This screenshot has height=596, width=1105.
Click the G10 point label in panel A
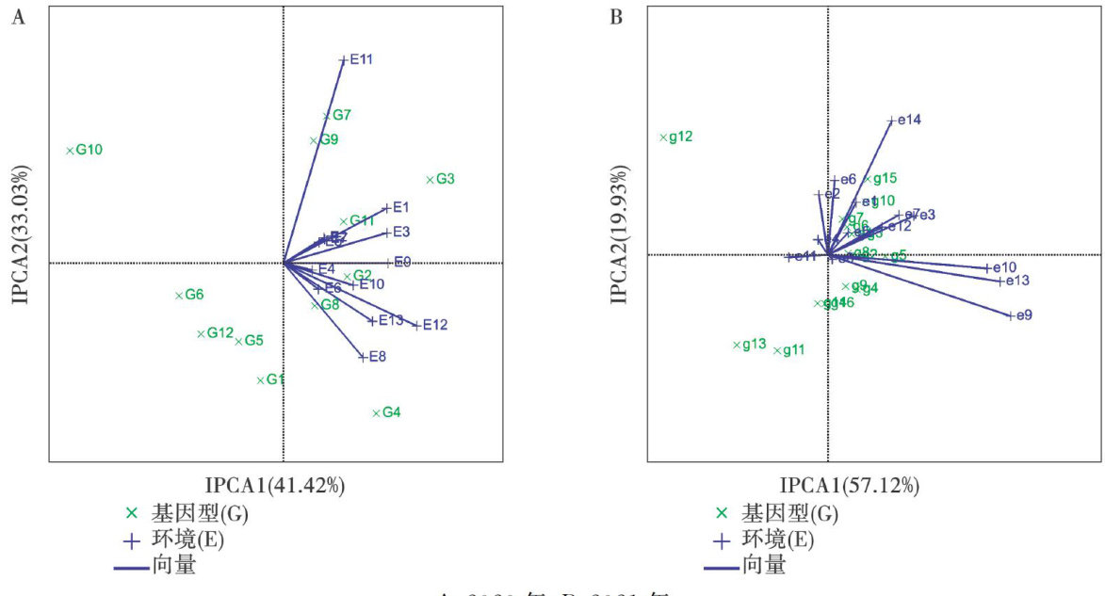(89, 150)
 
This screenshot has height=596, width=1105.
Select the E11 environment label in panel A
(362, 59)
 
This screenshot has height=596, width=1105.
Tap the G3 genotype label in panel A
(446, 179)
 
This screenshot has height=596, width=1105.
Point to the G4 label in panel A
(392, 412)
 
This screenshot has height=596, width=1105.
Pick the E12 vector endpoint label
(435, 325)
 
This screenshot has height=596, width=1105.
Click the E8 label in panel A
(378, 357)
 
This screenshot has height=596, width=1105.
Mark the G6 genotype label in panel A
(194, 295)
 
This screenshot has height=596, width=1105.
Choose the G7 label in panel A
(342, 116)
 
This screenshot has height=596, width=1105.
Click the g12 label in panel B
(680, 137)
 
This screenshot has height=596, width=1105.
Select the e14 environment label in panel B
(909, 120)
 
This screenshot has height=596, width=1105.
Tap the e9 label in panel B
(1023, 315)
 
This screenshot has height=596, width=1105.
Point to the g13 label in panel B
(754, 345)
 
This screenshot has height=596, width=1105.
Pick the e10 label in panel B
(1004, 268)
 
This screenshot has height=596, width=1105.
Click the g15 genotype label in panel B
(885, 179)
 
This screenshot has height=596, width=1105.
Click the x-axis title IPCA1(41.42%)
(276, 486)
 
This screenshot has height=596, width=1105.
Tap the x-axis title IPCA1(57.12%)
(849, 486)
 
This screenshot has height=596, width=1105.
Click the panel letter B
(617, 18)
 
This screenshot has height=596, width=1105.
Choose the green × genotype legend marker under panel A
(132, 514)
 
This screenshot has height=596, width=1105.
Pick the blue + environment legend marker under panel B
(722, 541)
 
